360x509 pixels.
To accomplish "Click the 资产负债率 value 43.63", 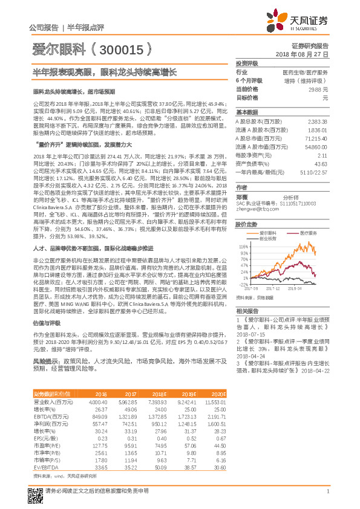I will click(x=321, y=164).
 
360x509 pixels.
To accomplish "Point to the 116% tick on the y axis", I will click(x=244, y=247).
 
